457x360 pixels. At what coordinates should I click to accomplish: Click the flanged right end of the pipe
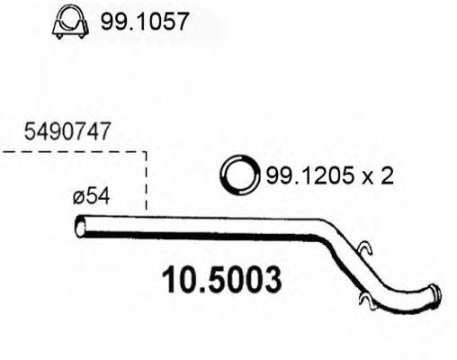tap(435, 297)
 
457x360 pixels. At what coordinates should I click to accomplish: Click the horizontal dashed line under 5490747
tap(72, 152)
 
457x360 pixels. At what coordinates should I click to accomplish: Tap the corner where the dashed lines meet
tap(146, 152)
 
